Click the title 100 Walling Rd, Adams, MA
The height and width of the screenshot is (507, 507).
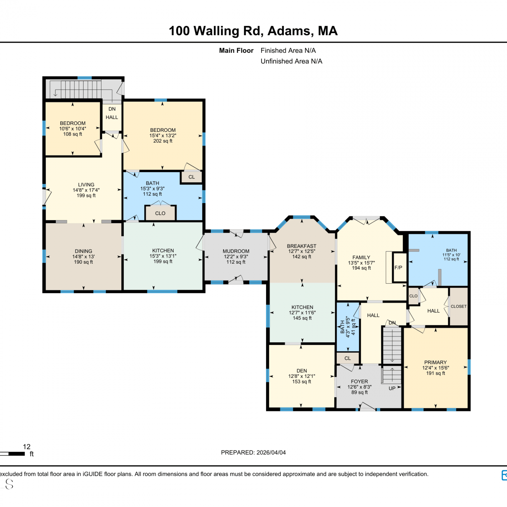pyautogui.click(x=253, y=31)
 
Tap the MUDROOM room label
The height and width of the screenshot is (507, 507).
pyautogui.click(x=236, y=251)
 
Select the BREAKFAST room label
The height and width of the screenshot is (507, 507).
pyautogui.click(x=301, y=246)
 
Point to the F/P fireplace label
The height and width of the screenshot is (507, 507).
pyautogui.click(x=399, y=267)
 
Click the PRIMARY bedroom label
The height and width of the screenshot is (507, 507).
pyautogui.click(x=435, y=362)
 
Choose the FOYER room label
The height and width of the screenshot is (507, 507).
pyautogui.click(x=359, y=381)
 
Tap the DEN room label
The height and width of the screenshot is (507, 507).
pyautogui.click(x=302, y=371)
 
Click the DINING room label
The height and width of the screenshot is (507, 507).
pyautogui.click(x=83, y=251)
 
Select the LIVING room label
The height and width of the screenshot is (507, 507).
pyautogui.click(x=86, y=185)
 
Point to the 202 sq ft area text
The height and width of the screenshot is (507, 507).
pyautogui.click(x=163, y=141)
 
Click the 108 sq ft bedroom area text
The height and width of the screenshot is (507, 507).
pyautogui.click(x=73, y=134)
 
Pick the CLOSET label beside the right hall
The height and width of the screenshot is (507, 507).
pyautogui.click(x=459, y=307)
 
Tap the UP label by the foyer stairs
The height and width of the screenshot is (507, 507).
pyautogui.click(x=392, y=388)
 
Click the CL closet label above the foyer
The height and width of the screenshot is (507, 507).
pyautogui.click(x=347, y=358)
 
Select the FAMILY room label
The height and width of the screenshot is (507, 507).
pyautogui.click(x=361, y=257)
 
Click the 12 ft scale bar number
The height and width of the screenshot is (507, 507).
pyautogui.click(x=27, y=447)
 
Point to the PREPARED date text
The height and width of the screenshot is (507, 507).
pyautogui.click(x=254, y=453)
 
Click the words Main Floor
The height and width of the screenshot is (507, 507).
pyautogui.click(x=236, y=51)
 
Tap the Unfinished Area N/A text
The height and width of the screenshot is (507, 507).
pyautogui.click(x=291, y=61)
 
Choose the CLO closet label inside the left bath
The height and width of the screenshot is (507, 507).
pyautogui.click(x=160, y=213)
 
